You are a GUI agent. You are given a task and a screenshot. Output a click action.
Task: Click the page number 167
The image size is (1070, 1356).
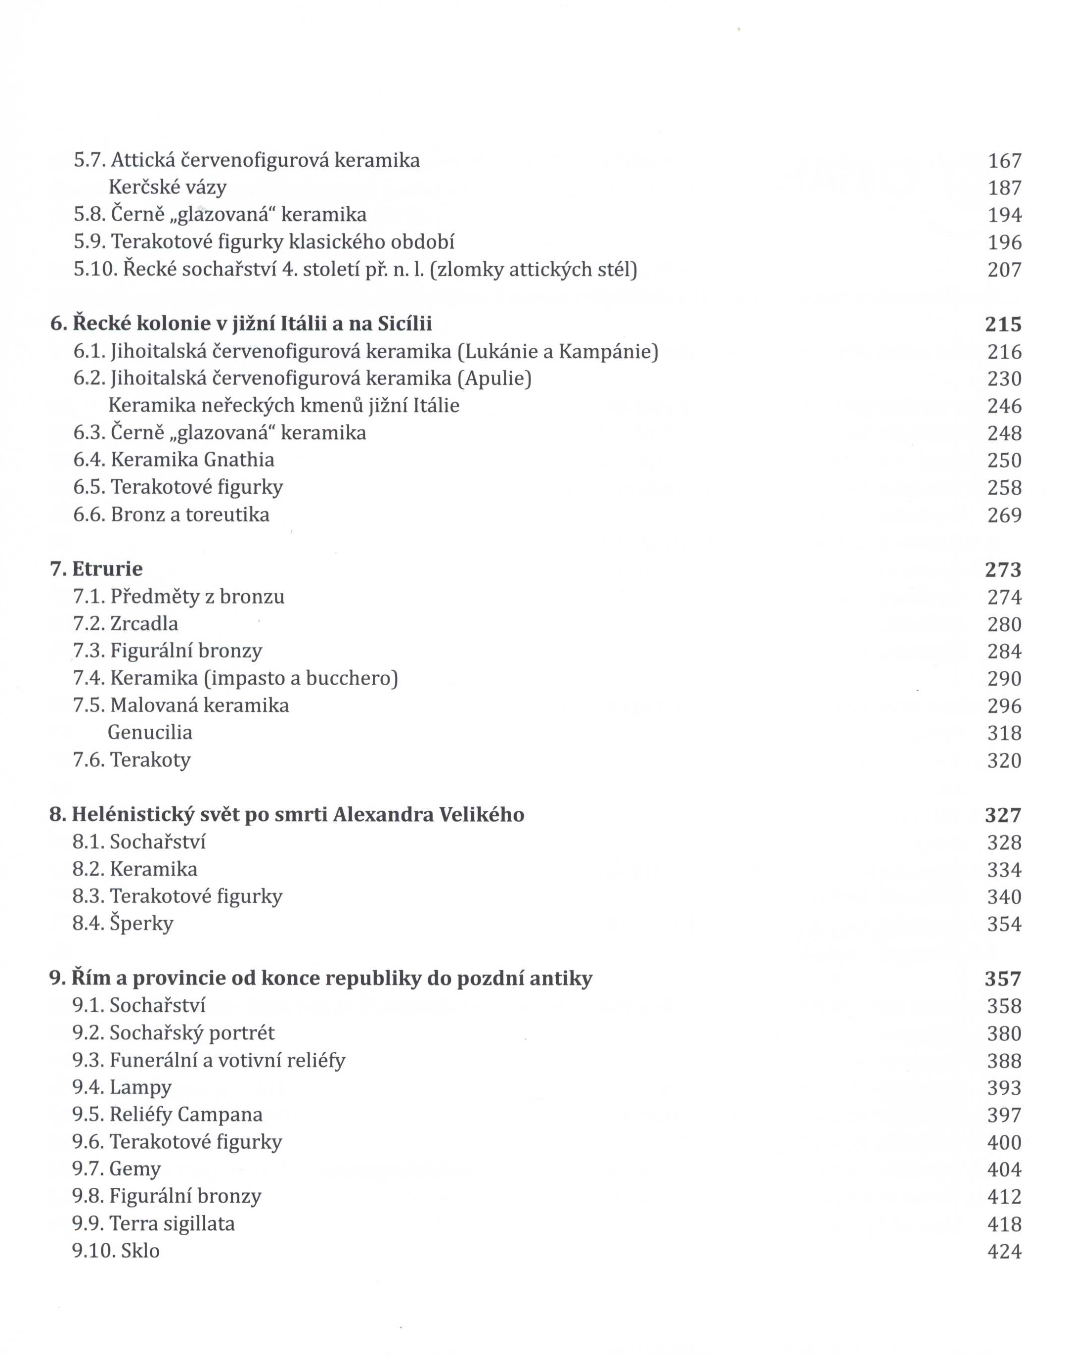click(x=1004, y=161)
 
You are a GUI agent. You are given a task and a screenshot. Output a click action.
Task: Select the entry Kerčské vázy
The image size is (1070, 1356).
click(x=167, y=187)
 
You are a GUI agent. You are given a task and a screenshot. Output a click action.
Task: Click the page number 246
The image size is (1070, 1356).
click(x=1004, y=406)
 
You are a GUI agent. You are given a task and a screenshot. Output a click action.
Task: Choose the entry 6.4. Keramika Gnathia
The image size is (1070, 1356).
click(x=174, y=460)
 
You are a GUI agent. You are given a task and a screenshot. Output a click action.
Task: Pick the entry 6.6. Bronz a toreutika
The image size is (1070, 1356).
click(x=172, y=514)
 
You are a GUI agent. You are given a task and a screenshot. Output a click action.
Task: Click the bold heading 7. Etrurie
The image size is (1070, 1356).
click(x=96, y=569)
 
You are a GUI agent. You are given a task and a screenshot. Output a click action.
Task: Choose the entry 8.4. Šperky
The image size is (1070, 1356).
click(x=123, y=924)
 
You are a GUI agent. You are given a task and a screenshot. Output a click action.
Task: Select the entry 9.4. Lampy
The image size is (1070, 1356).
click(x=122, y=1087)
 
